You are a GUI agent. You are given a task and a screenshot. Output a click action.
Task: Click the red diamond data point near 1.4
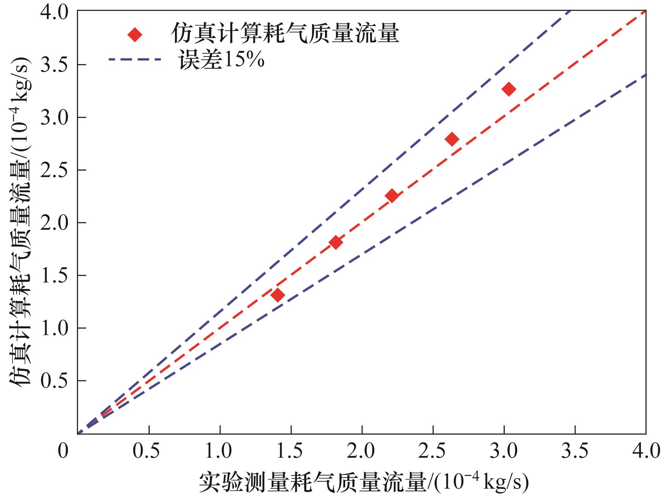pos(278,295)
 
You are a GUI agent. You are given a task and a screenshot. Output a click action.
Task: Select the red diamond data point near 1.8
pos(336,242)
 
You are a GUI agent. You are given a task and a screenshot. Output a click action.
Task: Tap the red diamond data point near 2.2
pos(392,196)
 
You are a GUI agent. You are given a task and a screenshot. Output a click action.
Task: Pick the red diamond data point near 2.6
pos(452,139)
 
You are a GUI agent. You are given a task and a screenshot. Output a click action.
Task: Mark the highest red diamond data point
pos(509,89)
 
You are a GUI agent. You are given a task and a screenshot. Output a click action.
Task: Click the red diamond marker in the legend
pos(135,35)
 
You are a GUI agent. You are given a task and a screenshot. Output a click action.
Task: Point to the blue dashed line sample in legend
pos(135,59)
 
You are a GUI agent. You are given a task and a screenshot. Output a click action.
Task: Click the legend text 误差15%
pos(221,60)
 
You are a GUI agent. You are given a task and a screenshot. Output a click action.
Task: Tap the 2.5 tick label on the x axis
pos(433,451)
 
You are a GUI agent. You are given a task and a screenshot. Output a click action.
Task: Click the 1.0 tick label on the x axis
pos(219,451)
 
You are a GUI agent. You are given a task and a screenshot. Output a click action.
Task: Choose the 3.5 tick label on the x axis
pos(575,451)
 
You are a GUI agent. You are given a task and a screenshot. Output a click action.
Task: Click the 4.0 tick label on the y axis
pos(54,12)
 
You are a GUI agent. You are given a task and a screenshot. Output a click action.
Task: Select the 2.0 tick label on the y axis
pos(54,223)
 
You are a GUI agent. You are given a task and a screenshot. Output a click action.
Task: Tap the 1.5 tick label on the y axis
pos(54,276)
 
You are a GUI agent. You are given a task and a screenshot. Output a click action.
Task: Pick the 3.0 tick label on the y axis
pos(54,117)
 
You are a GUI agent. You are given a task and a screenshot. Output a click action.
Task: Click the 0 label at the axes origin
pos(63,451)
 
